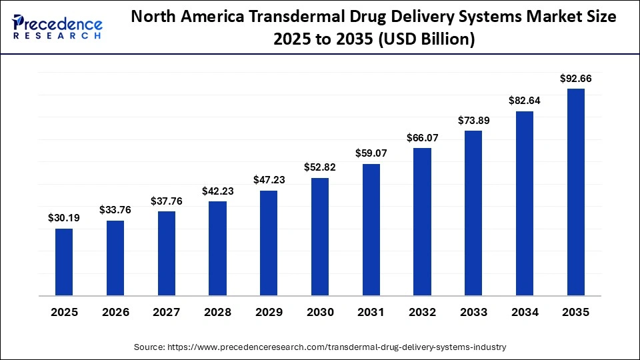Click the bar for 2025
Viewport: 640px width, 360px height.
(x=64, y=262)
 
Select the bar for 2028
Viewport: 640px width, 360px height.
(x=217, y=248)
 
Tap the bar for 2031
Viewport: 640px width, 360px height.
(x=371, y=229)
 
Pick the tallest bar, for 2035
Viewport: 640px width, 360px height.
(x=575, y=192)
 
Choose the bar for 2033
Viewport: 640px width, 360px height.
(x=473, y=213)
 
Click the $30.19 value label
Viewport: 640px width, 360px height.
(x=64, y=217)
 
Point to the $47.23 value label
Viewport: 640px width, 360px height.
(x=269, y=180)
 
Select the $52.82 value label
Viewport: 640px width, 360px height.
(x=320, y=167)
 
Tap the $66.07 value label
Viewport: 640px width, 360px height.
(x=423, y=137)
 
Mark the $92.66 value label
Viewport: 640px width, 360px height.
(x=576, y=78)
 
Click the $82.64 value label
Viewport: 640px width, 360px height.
(x=525, y=101)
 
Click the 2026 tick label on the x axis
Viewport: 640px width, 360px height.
(x=115, y=312)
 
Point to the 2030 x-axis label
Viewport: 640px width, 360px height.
(x=320, y=312)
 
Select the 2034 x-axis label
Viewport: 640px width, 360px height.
(x=525, y=312)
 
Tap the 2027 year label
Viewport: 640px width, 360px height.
(x=167, y=312)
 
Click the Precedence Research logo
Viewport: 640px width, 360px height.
(x=57, y=27)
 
